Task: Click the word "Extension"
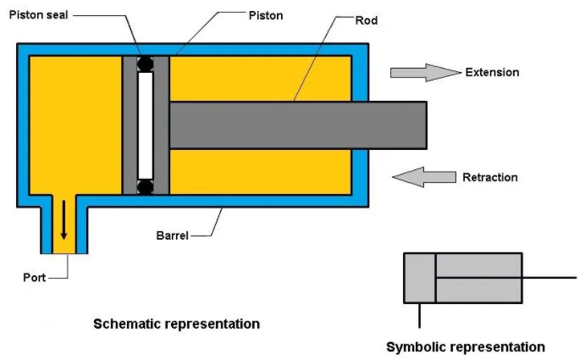[x=492, y=72]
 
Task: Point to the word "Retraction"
[x=489, y=177]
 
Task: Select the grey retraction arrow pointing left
[x=424, y=177]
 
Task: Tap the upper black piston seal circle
[x=146, y=63]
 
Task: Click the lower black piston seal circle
[x=146, y=185]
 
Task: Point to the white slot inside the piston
[x=146, y=124]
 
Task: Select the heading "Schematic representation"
[x=176, y=324]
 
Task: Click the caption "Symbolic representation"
[x=466, y=346]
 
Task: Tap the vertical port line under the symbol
[x=419, y=314]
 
